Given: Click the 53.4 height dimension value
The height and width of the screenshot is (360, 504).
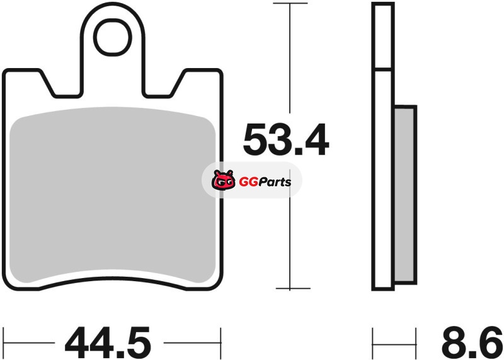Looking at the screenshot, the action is tap(286, 139).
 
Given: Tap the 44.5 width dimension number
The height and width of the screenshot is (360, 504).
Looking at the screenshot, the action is tap(108, 343).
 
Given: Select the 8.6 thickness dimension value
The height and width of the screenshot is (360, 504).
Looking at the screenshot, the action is tap(472, 343).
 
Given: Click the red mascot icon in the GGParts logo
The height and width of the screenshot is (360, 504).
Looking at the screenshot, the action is tap(223, 180).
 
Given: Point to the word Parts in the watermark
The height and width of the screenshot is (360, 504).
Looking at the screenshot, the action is tap(275, 182).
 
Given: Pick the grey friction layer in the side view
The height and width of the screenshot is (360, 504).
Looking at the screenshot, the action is tap(404, 195).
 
